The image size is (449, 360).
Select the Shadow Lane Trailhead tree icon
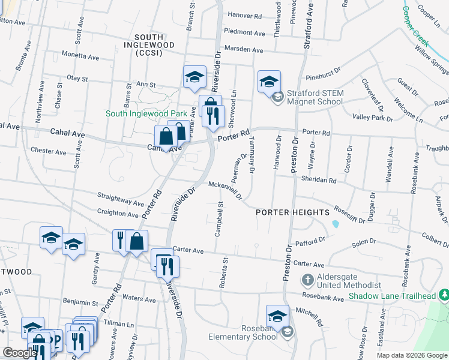click(444, 295)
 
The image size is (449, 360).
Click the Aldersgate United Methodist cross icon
click(307, 280)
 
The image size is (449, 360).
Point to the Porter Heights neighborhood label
click(292, 212)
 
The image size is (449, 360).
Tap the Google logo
click(20, 353)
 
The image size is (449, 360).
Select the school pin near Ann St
click(194, 77)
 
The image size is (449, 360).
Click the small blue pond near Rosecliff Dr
click(334, 224)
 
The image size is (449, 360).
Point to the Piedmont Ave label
click(244, 33)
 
